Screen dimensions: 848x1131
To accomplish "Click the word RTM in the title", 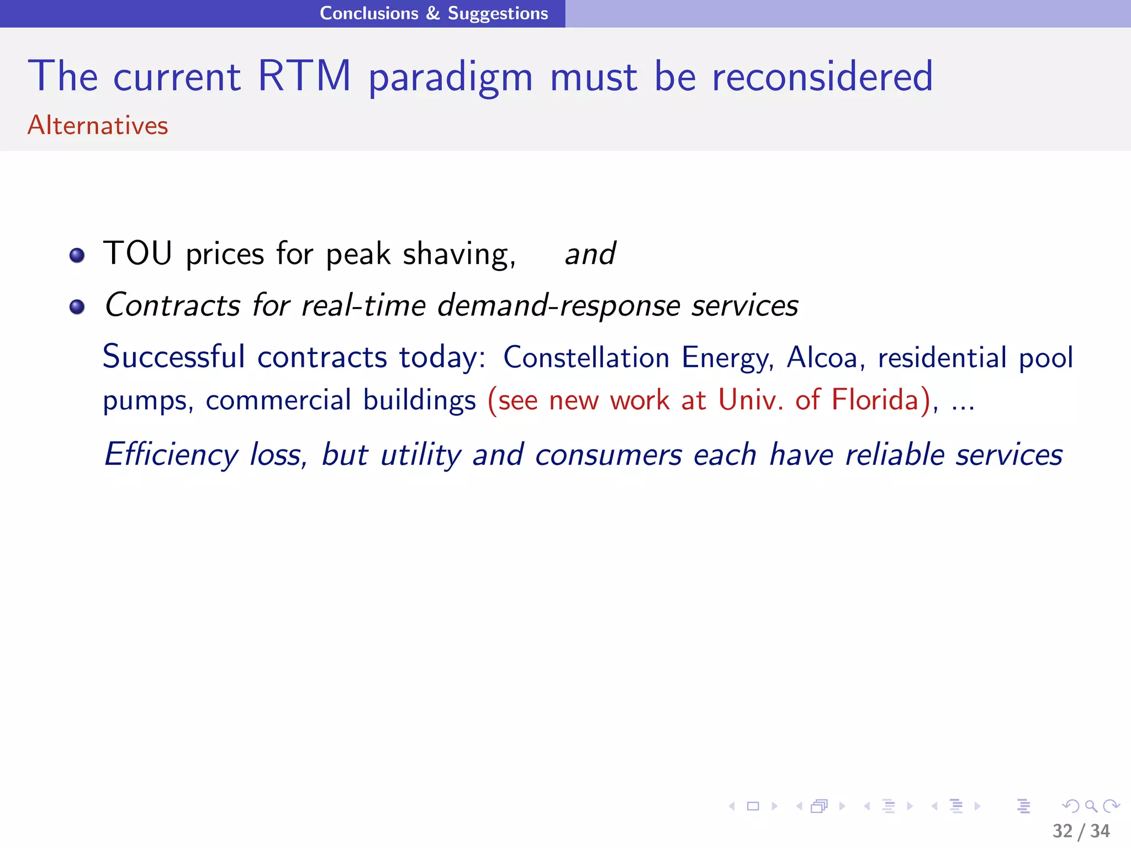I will coord(304,76).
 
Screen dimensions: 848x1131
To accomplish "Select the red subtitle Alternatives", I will coord(98,125).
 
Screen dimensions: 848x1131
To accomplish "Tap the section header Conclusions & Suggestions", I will coord(434,13).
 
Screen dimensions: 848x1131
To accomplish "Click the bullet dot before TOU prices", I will coord(77,255).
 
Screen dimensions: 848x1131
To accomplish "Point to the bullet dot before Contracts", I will coord(77,306).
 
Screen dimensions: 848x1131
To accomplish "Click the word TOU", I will coord(138,253).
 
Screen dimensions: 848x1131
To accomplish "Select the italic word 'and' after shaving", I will coord(590,254).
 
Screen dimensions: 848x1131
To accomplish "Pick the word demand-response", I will coord(558,305).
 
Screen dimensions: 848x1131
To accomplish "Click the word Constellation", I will coord(586,357).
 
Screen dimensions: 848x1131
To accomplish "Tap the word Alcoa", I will coord(822,357).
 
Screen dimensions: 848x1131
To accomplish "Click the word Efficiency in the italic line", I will coord(171,455).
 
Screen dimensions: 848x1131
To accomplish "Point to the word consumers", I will coord(608,455).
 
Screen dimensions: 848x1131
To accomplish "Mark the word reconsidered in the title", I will coord(822,76).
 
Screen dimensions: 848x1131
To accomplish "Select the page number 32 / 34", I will coord(1081,831).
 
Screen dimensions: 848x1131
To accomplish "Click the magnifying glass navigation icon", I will coord(1091,806).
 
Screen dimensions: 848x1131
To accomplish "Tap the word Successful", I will coord(174,357).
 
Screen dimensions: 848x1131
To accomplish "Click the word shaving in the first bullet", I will coord(458,254).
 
